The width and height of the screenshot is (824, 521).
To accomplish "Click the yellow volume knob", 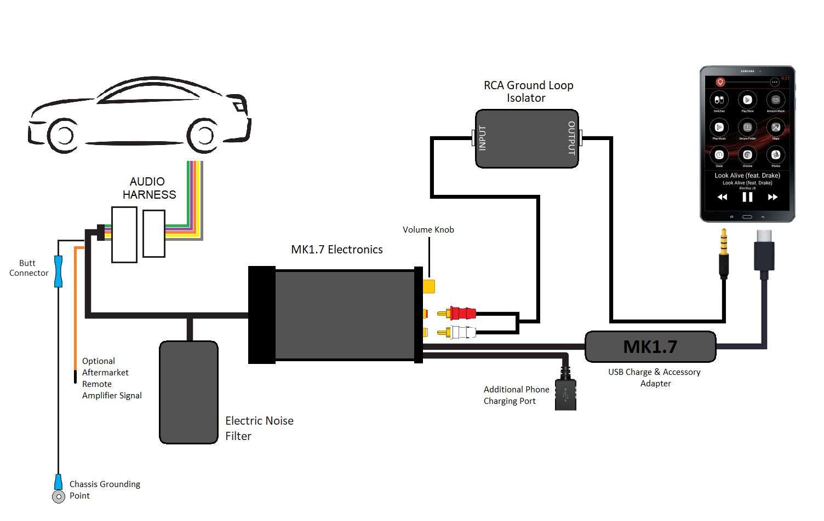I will click(428, 286).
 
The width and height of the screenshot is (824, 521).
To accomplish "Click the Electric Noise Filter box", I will click(189, 392).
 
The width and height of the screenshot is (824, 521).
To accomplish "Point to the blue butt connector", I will click(58, 271).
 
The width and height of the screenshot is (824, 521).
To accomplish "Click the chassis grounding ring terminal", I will click(59, 496).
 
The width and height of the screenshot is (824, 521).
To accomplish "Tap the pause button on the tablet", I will click(747, 197).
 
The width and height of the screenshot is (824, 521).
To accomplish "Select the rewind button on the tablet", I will click(722, 197).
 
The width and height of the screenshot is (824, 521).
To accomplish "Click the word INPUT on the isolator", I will click(483, 138).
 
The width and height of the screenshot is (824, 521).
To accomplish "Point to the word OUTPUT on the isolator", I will click(571, 138).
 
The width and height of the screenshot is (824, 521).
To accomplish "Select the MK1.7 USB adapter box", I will click(650, 346).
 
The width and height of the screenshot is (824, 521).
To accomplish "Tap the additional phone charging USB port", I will click(565, 394).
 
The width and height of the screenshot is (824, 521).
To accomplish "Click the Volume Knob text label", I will click(428, 230).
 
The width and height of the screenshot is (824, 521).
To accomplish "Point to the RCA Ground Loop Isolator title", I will click(528, 91).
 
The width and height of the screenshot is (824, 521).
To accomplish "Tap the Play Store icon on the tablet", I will click(747, 100).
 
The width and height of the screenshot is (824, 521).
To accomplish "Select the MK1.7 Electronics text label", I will click(336, 250).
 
